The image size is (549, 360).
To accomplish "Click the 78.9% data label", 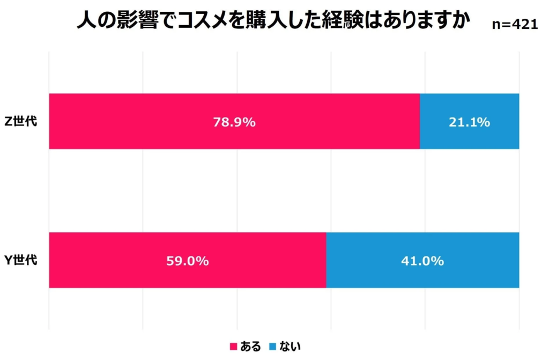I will [x=235, y=122].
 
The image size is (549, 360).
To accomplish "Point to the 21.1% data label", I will [x=469, y=122].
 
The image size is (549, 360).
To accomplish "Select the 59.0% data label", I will [x=188, y=261].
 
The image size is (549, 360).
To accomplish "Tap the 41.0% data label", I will [x=422, y=261].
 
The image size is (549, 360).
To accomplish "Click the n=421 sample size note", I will [x=514, y=24].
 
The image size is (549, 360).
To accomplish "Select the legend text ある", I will [x=250, y=347].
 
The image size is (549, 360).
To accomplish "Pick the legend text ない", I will [x=288, y=347].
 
